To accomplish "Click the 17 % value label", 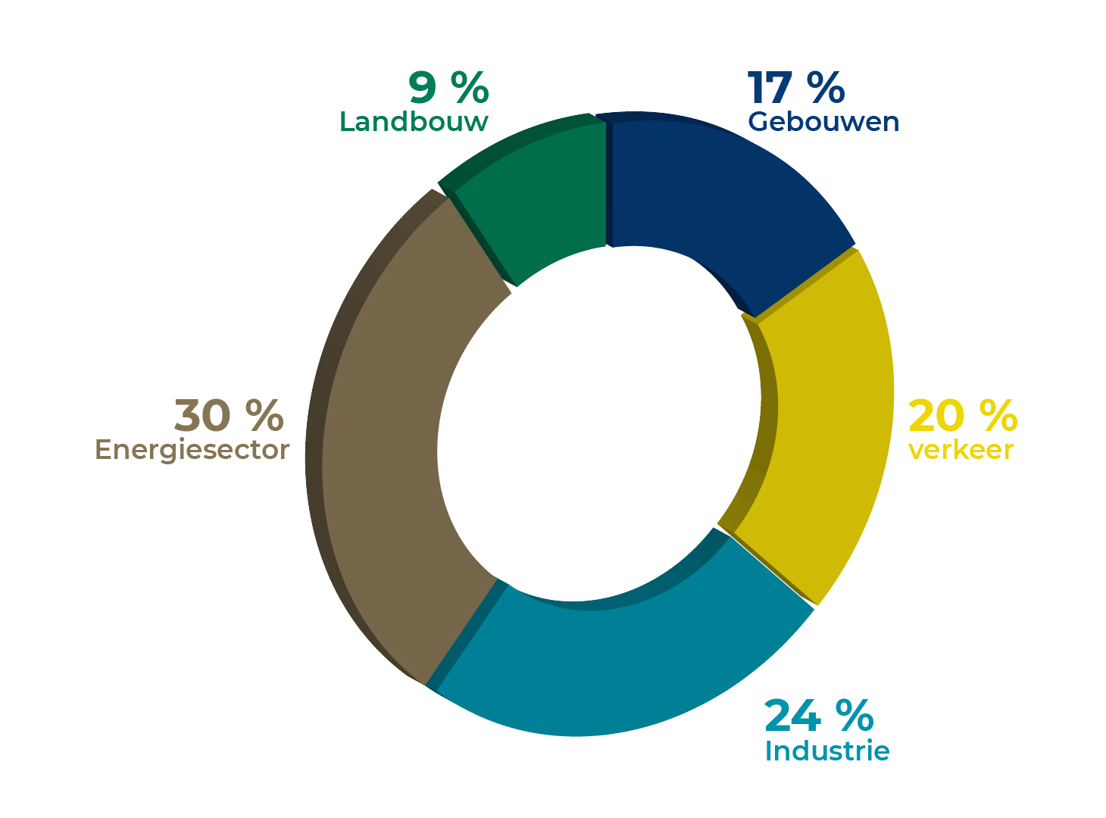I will click(795, 88).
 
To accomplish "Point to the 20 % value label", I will click(962, 416).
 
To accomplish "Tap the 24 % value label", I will click(819, 716).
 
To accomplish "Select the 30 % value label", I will click(229, 416).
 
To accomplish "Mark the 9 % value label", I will click(448, 88).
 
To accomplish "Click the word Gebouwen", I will click(823, 122).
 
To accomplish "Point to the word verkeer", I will click(961, 450).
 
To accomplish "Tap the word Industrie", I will click(826, 751).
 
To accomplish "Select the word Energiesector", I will click(192, 450).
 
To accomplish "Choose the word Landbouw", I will click(414, 122).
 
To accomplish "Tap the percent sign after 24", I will click(854, 716).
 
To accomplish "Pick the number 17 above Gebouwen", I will click(770, 88).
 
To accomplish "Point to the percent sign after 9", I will click(470, 88).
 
